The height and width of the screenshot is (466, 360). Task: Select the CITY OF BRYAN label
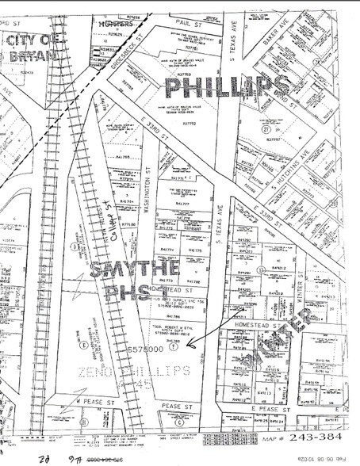pos(30,48)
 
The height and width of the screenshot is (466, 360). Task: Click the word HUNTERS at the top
pos(110,25)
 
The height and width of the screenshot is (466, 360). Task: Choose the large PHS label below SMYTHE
pos(119,295)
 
